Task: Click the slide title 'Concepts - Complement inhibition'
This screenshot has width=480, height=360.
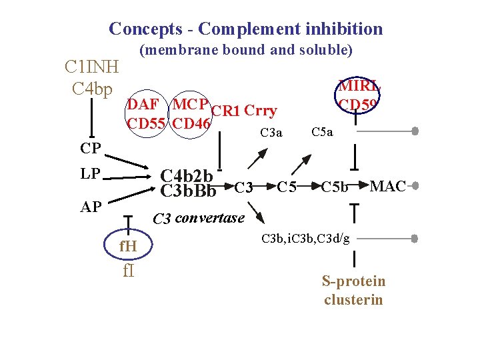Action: (245, 29)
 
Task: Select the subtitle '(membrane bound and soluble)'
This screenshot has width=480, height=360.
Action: (245, 50)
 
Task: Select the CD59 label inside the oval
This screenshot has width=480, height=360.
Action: (358, 105)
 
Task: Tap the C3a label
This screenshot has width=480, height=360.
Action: (271, 133)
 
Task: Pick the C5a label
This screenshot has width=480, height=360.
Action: (322, 133)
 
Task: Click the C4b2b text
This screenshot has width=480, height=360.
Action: (187, 176)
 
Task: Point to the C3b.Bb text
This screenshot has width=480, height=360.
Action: (189, 191)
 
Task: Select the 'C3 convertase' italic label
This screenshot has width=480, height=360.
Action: (199, 218)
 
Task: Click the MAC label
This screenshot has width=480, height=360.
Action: (387, 186)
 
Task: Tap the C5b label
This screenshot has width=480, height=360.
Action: (334, 187)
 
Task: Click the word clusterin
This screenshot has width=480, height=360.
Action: (353, 299)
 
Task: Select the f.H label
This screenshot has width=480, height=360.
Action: (127, 248)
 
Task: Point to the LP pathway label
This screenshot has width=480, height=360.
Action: (91, 173)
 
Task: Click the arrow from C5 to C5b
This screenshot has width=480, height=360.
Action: (309, 187)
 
